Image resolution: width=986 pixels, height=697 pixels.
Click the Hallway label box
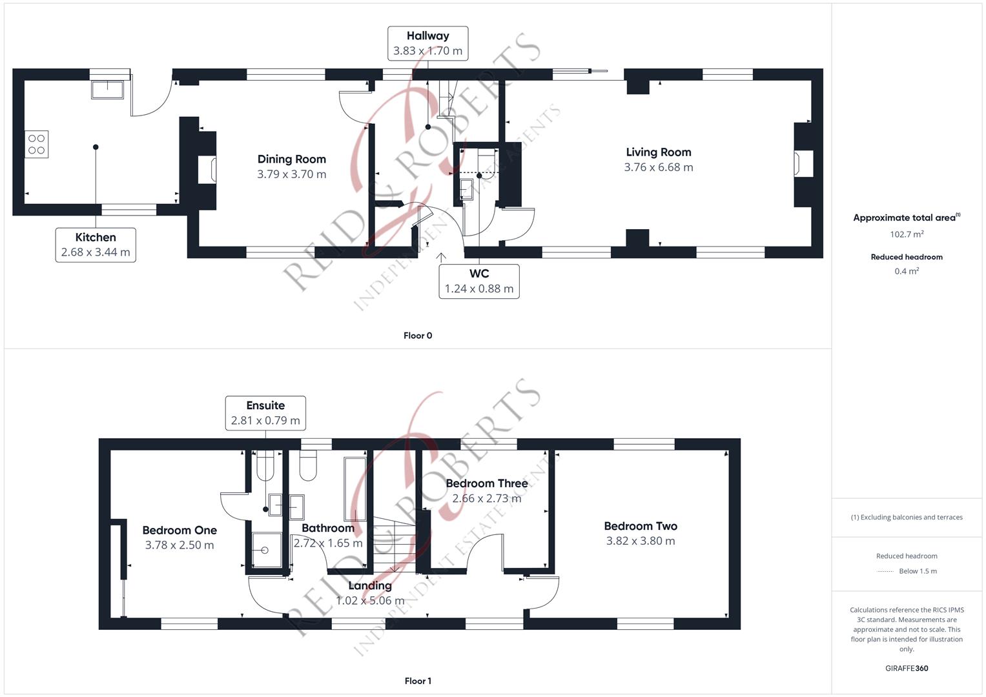pyautogui.click(x=427, y=43)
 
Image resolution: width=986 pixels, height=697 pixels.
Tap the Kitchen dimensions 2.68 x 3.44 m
pyautogui.click(x=96, y=252)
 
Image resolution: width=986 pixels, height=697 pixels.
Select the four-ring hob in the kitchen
pyautogui.click(x=36, y=145)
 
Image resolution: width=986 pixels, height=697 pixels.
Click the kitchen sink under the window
pyautogui.click(x=107, y=90)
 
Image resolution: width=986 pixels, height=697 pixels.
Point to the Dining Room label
pyautogui.click(x=291, y=159)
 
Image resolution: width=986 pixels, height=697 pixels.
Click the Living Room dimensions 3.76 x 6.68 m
pyautogui.click(x=659, y=167)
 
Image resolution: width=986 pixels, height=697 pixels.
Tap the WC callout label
pyautogui.click(x=479, y=281)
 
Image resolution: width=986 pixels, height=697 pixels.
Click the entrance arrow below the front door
pyautogui.click(x=441, y=258)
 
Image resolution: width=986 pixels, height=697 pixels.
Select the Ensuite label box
pyautogui.click(x=265, y=413)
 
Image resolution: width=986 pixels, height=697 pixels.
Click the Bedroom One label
pyautogui.click(x=180, y=530)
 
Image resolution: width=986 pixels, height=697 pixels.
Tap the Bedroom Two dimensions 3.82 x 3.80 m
pyautogui.click(x=641, y=541)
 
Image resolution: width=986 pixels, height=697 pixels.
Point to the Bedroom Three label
pyautogui.click(x=487, y=483)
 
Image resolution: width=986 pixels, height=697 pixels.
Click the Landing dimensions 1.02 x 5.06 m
pyautogui.click(x=370, y=601)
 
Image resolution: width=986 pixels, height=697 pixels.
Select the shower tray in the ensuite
pyautogui.click(x=267, y=550)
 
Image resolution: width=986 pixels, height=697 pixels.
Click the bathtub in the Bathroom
pyautogui.click(x=354, y=489)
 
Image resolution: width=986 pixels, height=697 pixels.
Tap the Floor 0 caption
pyautogui.click(x=418, y=336)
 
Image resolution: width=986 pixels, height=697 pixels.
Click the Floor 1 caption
pyautogui.click(x=418, y=681)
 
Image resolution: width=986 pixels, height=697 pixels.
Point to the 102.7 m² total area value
pyautogui.click(x=907, y=234)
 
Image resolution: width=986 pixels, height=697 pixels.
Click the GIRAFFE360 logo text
pyautogui.click(x=907, y=669)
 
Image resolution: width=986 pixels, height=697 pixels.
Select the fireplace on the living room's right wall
pyautogui.click(x=803, y=164)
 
